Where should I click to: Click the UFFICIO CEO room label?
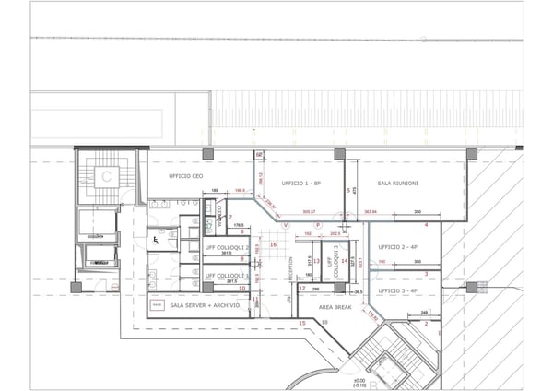point(184,175)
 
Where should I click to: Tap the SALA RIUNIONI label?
point(398,184)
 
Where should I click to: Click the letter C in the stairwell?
point(107,174)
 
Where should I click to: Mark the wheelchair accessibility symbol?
point(156,240)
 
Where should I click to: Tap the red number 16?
point(274,244)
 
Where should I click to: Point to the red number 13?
point(315,261)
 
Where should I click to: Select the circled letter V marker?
point(286,224)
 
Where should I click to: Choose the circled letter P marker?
point(317,224)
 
